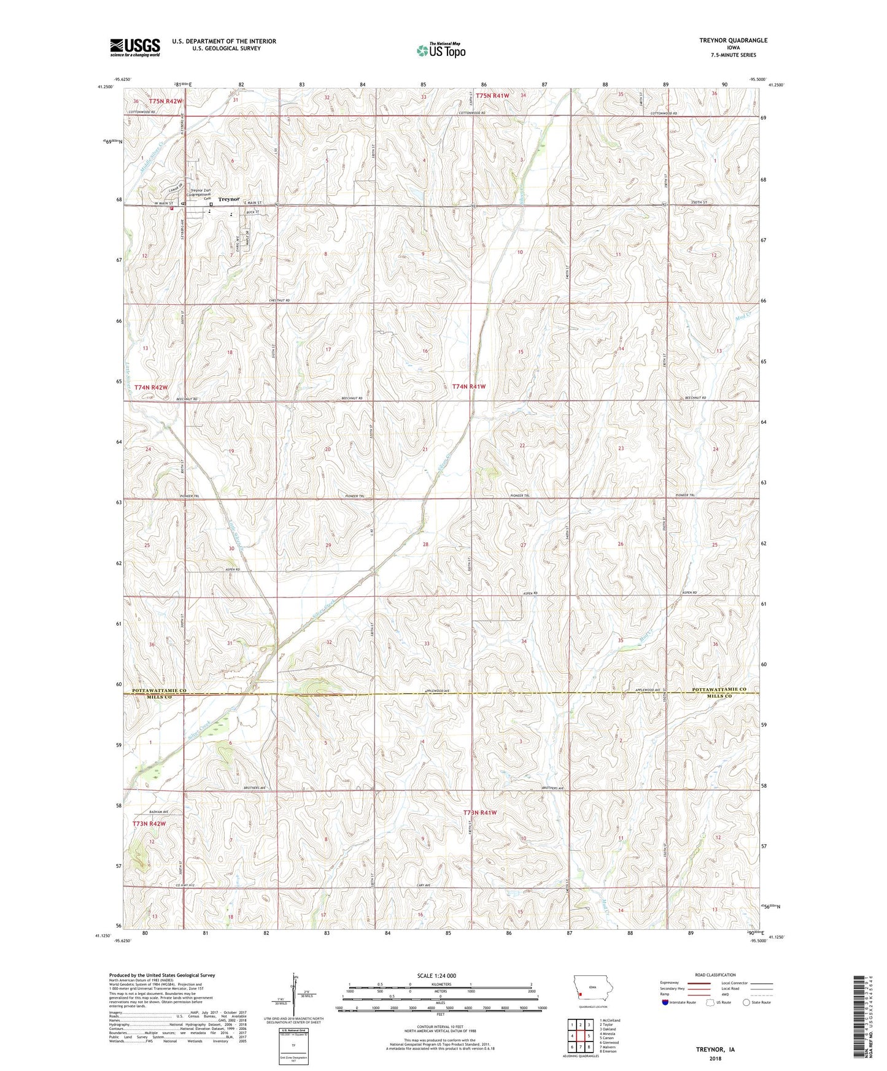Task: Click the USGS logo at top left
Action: pos(135,47)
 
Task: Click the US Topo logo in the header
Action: pos(441,51)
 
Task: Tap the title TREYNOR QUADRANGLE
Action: pos(733,40)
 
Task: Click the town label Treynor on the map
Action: pos(229,199)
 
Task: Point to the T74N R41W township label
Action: pos(469,386)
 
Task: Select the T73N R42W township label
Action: pos(149,823)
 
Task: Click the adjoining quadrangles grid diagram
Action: pos(581,1037)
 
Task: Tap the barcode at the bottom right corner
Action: pos(860,1018)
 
